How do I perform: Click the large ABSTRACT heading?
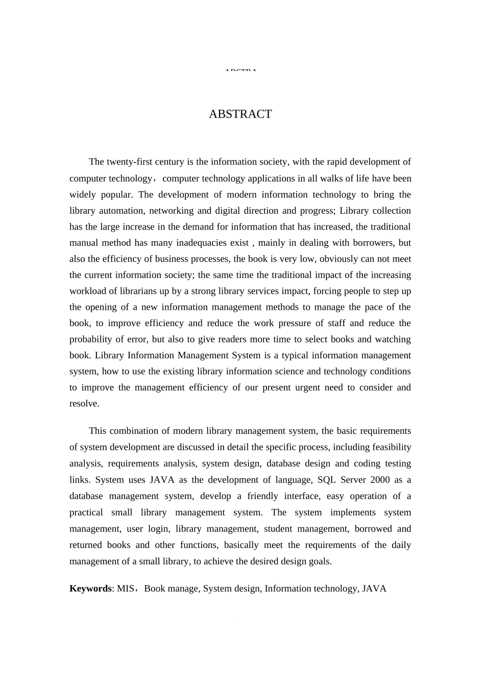click(x=240, y=114)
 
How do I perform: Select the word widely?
click(x=83, y=194)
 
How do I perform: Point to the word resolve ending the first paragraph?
click(x=84, y=403)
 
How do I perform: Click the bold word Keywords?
click(x=90, y=588)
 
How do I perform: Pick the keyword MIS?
click(x=126, y=588)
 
